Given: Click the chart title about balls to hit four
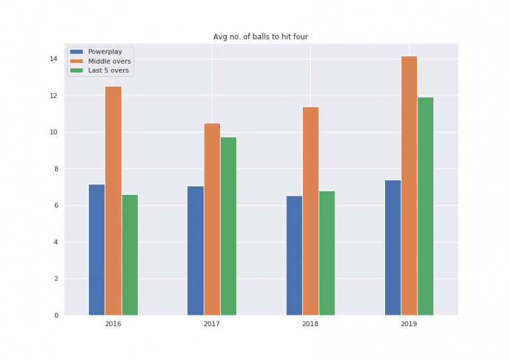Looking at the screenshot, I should click(x=260, y=37).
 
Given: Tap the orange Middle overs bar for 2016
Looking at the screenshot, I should click(x=113, y=200).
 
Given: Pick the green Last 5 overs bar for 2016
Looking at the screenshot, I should click(x=130, y=255).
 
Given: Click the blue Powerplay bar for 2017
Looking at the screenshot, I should click(x=196, y=251).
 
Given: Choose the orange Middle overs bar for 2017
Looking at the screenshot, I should click(x=212, y=219).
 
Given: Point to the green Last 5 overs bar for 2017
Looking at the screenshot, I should click(x=229, y=226).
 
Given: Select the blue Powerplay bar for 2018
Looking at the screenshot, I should click(x=294, y=255).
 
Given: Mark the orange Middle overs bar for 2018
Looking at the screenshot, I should click(x=311, y=211).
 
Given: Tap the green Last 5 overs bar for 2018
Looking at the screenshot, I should click(x=327, y=253).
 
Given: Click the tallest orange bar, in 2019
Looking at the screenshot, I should click(x=409, y=186).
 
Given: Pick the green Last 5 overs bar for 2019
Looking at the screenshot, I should click(x=425, y=206).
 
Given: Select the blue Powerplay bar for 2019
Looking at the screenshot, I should click(x=393, y=247).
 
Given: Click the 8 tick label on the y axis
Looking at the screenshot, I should click(x=55, y=169).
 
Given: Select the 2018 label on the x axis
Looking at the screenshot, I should click(x=311, y=324).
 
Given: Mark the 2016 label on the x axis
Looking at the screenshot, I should click(x=113, y=324).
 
